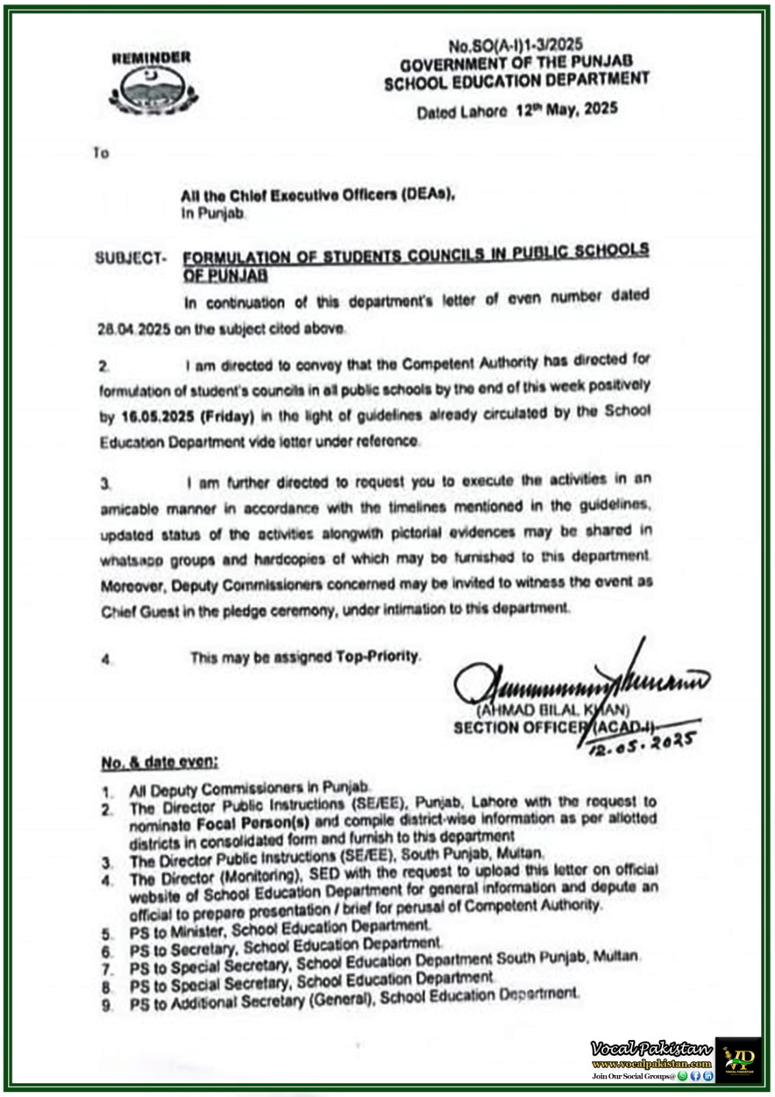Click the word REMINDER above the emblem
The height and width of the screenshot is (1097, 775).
(x=151, y=58)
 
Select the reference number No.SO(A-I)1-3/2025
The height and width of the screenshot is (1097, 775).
(x=515, y=45)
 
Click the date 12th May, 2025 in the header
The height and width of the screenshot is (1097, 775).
(x=567, y=109)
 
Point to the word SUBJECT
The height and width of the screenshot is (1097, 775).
(x=130, y=258)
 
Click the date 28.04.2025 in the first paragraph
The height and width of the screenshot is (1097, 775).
(x=134, y=329)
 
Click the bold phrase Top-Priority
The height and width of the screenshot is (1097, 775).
(x=377, y=656)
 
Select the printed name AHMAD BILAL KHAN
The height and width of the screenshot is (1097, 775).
(x=554, y=710)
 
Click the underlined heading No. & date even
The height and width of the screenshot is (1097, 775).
(x=160, y=762)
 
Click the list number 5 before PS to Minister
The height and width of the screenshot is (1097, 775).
(x=107, y=934)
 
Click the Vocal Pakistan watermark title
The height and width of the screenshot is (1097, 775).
(x=651, y=1048)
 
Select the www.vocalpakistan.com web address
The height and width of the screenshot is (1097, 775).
(x=651, y=1063)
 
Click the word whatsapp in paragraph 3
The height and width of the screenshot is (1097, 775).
(x=132, y=560)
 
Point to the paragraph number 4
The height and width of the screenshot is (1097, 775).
(x=106, y=660)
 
